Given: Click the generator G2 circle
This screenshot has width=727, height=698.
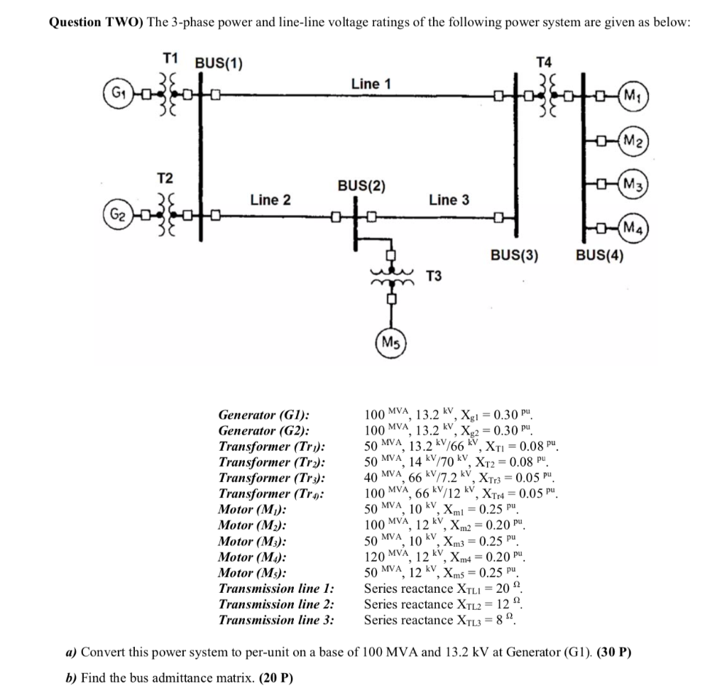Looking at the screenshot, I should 114,214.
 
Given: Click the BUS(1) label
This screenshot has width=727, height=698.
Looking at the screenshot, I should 219,65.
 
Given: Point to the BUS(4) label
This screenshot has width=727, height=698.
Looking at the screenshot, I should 600,255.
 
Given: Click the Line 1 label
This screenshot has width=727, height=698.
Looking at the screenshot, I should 371,84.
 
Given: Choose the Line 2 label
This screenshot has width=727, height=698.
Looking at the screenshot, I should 270,200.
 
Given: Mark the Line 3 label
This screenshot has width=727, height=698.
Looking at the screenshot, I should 449,200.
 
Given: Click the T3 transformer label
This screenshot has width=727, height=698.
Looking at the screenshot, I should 434,276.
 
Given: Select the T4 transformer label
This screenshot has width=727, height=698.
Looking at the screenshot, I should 544,61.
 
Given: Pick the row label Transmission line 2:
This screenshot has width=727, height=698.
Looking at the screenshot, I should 276,604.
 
